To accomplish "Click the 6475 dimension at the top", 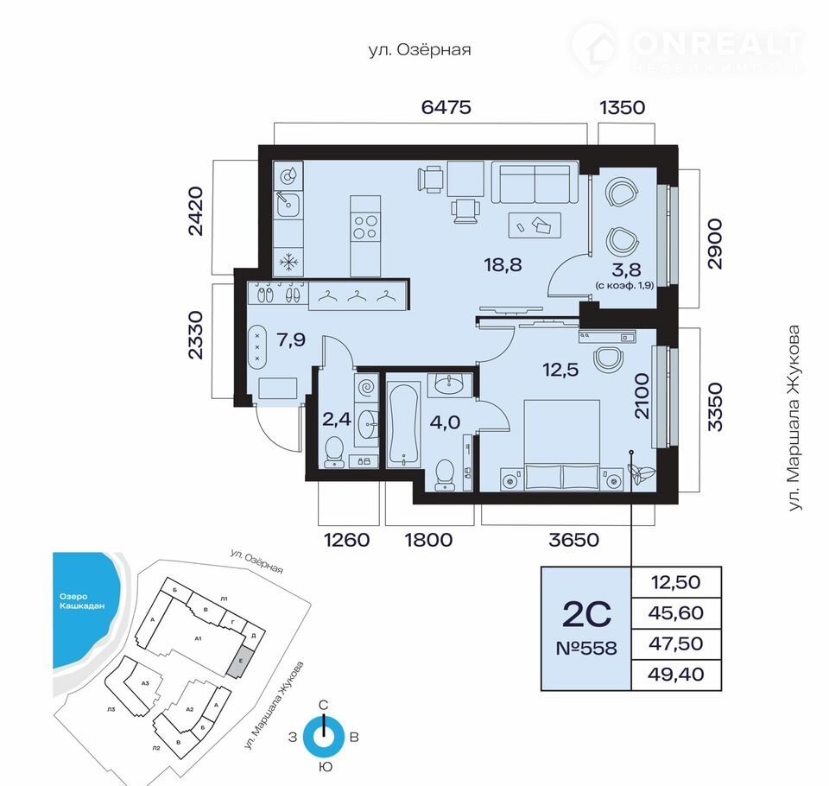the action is pos(446,107).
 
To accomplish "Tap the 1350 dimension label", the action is pos(623,108).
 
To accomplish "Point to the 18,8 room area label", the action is pos(503,264).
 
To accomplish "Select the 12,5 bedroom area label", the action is pos(560,369).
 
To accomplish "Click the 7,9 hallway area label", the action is pos(291,339).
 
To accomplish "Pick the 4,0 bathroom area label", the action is pos(445,422).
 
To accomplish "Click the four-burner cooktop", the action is pos(365,227).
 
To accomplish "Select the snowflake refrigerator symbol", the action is pos(288,262).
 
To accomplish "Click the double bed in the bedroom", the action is pos(561,445).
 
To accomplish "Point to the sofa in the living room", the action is pos(535,182).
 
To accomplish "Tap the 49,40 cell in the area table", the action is pos(676,675).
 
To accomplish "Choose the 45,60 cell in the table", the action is pos(676,613).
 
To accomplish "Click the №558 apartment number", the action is pos(586,648).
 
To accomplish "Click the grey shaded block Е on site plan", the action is pos(242,661).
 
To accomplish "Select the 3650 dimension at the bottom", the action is pos(573,540).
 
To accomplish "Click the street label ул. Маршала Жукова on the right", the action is pos(794,418).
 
